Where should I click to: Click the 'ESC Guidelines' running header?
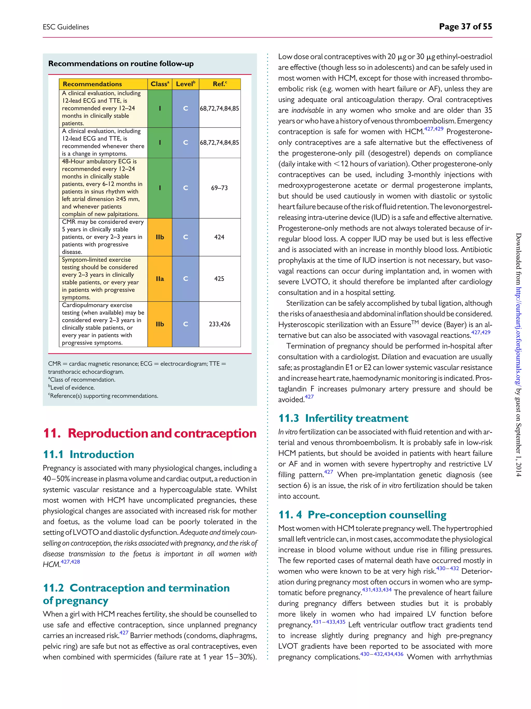tap(66, 27)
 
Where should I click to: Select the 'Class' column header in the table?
tap(160, 84)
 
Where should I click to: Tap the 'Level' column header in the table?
tap(185, 84)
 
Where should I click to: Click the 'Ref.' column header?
tap(220, 84)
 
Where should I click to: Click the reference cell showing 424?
tap(219, 237)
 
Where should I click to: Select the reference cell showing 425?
tap(219, 279)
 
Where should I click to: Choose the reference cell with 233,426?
tap(219, 324)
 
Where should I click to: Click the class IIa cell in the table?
tap(160, 279)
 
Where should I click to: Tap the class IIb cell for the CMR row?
tap(160, 237)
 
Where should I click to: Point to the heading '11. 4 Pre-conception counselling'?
tap(362, 515)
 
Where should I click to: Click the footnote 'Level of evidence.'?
tap(72, 388)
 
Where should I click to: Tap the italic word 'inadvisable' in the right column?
tap(308, 110)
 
